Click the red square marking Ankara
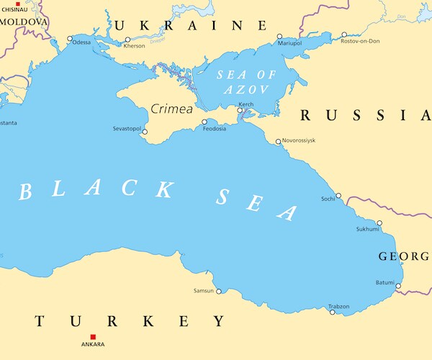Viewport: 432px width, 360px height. click(x=93, y=337)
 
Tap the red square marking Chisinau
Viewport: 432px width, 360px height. click(x=18, y=4)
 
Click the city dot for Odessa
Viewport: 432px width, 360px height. click(x=70, y=39)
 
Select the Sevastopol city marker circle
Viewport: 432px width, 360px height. click(x=145, y=132)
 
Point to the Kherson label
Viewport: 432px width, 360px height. click(x=134, y=46)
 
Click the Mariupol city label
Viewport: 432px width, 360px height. click(x=289, y=42)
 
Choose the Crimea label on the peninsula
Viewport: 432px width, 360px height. click(x=171, y=109)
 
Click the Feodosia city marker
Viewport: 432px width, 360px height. click(x=204, y=122)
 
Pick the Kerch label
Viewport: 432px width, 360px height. click(x=246, y=104)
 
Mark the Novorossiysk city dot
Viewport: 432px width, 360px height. click(x=278, y=141)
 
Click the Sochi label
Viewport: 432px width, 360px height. click(x=328, y=198)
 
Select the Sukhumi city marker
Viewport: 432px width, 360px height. click(x=379, y=222)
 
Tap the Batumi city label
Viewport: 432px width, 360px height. click(x=385, y=282)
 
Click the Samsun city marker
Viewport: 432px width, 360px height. click(x=219, y=292)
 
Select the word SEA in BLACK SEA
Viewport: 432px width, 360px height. click(x=256, y=204)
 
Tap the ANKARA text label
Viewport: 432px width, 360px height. click(x=92, y=345)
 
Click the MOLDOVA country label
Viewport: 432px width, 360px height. click(x=24, y=22)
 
